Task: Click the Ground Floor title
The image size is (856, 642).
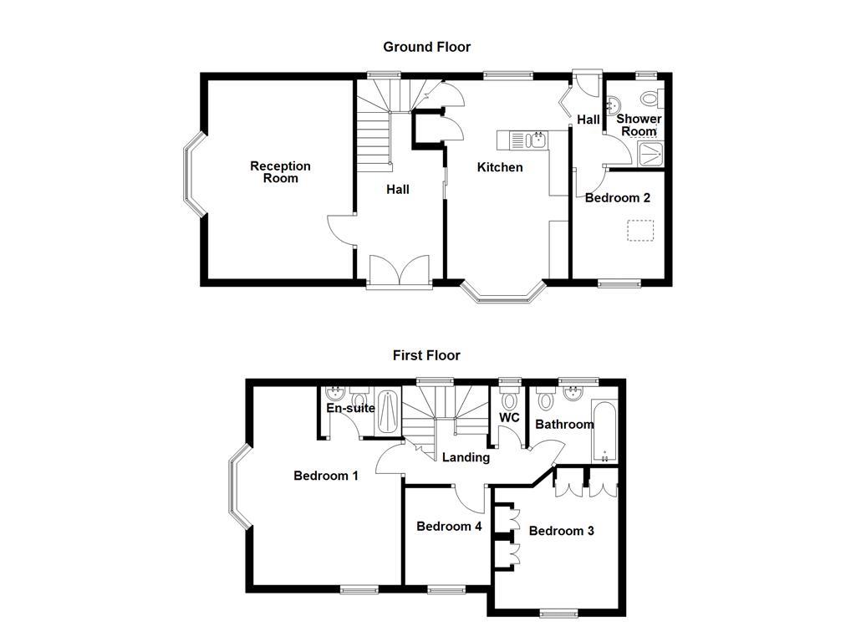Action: click(x=426, y=47)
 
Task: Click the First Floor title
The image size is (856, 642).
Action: click(x=426, y=355)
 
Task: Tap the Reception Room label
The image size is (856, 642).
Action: click(x=280, y=172)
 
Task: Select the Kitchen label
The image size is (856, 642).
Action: click(x=500, y=167)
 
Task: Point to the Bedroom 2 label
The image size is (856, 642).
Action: click(x=617, y=198)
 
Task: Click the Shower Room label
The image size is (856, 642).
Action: click(x=639, y=125)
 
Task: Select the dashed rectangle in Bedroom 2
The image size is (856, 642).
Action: click(x=641, y=231)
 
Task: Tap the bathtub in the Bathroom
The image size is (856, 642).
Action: click(x=604, y=431)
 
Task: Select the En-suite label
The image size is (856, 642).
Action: click(x=350, y=409)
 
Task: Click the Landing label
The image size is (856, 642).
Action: click(x=466, y=457)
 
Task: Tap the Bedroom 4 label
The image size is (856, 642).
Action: click(x=449, y=527)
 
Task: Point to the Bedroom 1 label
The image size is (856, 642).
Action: click(x=326, y=476)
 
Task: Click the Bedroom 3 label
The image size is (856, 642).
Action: click(x=561, y=531)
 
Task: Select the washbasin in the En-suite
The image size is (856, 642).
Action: click(x=338, y=394)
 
